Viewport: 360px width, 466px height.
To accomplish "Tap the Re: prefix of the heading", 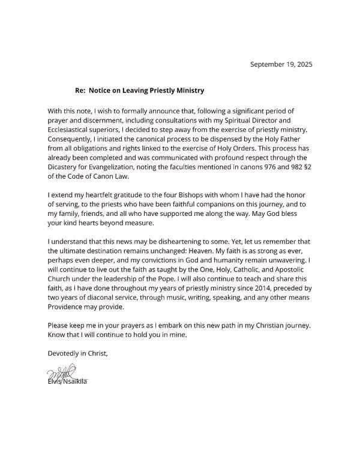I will click(80, 91).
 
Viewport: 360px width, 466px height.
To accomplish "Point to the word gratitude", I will click(121, 196).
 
